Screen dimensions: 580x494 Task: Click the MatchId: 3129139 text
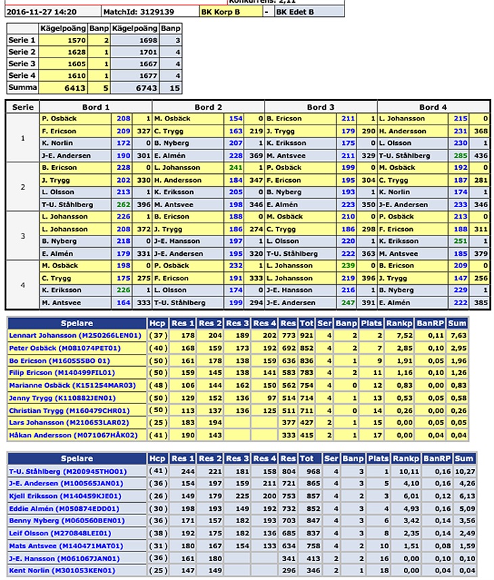[x=139, y=12]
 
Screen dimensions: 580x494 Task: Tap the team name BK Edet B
[x=296, y=12]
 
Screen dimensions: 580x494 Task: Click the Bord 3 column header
[x=321, y=106]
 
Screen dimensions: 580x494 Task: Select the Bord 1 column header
[x=96, y=106]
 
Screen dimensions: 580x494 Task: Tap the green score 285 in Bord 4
[x=460, y=156]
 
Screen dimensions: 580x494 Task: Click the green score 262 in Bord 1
[x=123, y=205]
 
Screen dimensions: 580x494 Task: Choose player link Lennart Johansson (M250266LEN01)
[x=66, y=335]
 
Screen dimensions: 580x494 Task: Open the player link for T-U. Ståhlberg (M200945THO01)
[x=68, y=470]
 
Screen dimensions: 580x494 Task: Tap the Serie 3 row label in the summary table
[x=19, y=64]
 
